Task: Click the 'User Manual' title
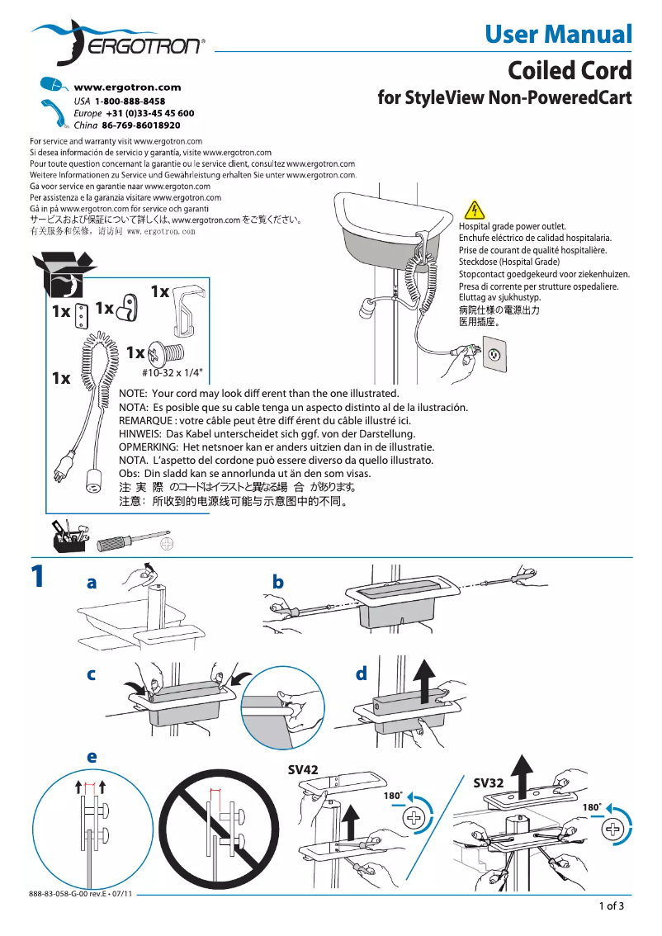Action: coord(558,35)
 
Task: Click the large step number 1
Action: coord(37,576)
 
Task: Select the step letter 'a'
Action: coord(92,583)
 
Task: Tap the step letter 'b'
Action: coord(277,583)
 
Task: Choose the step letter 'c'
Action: coord(92,674)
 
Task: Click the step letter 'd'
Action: coord(361,674)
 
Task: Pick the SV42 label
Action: coord(303,769)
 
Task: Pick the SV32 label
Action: coord(489,782)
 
